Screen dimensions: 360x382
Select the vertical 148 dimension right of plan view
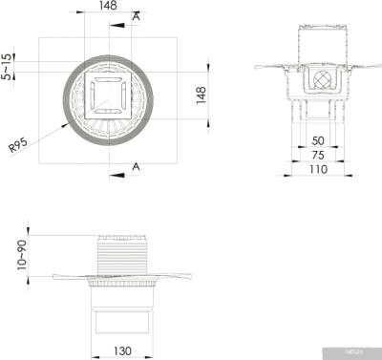[x=202, y=96]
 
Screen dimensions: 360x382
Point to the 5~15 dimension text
[x=9, y=67]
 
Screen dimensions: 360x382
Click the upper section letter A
[x=137, y=17]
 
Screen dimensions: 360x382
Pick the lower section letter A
[x=137, y=167]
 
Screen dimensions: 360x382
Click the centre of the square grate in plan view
[x=108, y=95]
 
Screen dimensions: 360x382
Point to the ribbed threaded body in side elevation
[x=123, y=256]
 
